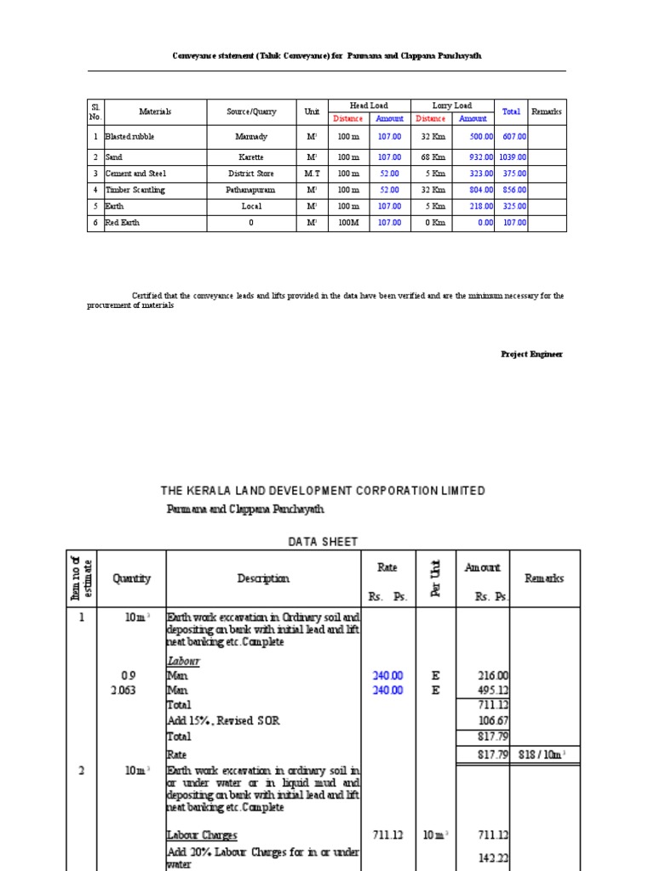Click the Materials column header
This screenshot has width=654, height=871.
pos(155,111)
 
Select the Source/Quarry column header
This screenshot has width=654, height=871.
pos(251,111)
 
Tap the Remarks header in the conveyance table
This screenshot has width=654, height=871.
pos(547,111)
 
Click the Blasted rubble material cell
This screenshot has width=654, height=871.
pos(130,136)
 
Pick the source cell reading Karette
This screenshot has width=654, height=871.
pos(251,157)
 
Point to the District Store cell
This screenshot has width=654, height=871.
pos(251,174)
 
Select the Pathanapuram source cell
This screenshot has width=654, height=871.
pos(251,190)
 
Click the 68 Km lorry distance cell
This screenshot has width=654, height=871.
pos(431,157)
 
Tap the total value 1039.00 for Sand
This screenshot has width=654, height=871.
pos(513,157)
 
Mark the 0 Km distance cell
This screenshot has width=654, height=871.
pos(431,223)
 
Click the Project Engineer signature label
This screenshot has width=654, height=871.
pos(531,354)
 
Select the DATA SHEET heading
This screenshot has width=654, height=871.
pos(323,541)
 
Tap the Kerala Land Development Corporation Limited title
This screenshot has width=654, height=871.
pos(323,491)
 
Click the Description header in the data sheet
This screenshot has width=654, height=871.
pos(263,578)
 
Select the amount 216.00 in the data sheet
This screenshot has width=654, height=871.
pos(491,675)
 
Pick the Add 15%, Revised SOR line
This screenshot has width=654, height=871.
pos(223,720)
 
